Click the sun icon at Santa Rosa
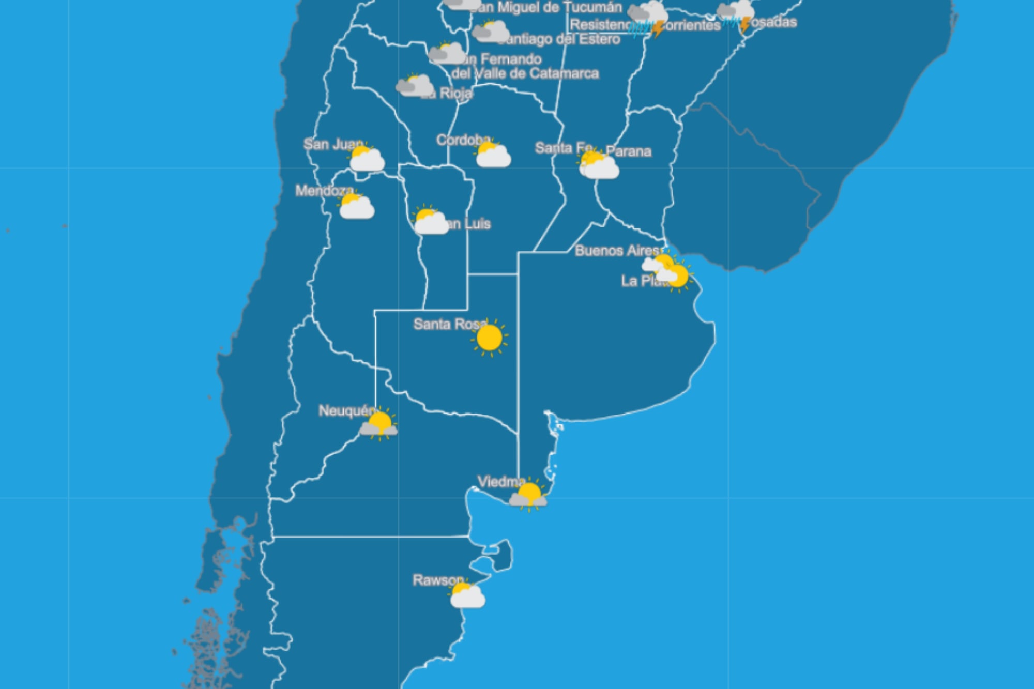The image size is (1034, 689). [x=489, y=338]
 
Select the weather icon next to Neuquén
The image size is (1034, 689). [x=379, y=424]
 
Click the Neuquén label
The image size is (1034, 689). [x=345, y=411]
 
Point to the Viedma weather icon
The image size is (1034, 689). [x=528, y=495]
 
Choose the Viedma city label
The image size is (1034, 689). [x=500, y=482]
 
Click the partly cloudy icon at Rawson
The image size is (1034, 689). [x=467, y=595]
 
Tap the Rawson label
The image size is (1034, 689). [x=437, y=580]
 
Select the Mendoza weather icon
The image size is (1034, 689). [x=356, y=206]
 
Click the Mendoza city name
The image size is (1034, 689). [x=324, y=191]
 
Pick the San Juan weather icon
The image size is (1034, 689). [x=366, y=158]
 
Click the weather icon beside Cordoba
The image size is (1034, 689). [x=492, y=155]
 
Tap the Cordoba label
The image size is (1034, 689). [x=463, y=140]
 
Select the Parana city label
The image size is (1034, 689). [x=628, y=151]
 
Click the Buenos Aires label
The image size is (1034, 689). [x=617, y=251]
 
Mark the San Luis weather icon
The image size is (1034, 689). [x=430, y=221]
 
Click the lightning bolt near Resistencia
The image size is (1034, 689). [x=657, y=29]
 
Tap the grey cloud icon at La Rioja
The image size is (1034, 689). [x=415, y=85]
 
